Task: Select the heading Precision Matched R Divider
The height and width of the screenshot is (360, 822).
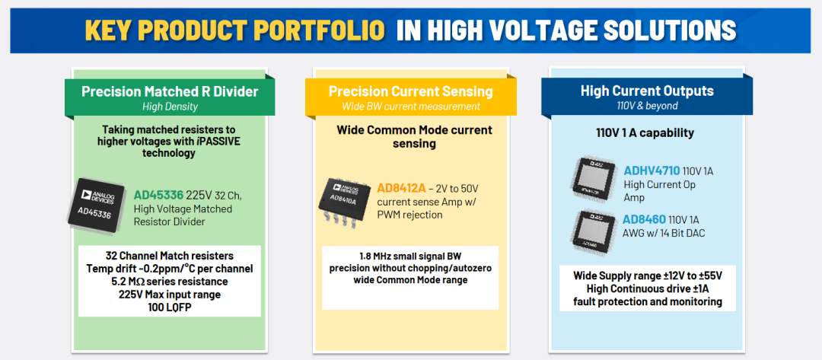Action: pos(170,91)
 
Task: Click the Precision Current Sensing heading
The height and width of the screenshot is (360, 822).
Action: pos(410,91)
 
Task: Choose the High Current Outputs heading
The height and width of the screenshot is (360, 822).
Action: pos(647,91)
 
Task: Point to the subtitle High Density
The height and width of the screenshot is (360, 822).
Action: pos(170,107)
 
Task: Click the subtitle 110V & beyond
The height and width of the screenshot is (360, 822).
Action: pos(647,106)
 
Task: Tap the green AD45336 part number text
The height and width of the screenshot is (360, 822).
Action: pos(159,196)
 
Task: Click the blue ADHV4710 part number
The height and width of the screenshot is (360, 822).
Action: pos(652,170)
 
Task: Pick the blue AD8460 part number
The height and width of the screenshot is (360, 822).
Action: pos(645,219)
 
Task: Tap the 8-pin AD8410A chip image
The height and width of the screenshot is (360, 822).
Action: pos(344,202)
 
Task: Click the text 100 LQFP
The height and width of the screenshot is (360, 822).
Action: pos(169,307)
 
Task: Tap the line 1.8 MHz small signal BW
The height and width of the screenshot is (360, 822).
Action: pos(410,256)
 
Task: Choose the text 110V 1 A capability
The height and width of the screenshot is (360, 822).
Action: pos(645,133)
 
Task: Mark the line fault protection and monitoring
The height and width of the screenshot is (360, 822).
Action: pos(648,302)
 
